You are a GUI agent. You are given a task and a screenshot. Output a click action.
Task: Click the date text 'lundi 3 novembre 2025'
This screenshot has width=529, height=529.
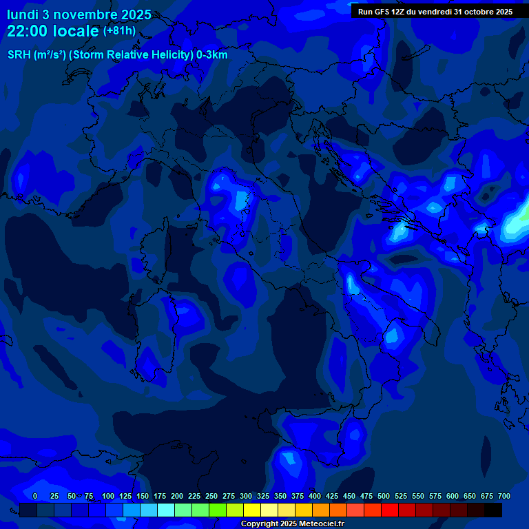tap(79, 14)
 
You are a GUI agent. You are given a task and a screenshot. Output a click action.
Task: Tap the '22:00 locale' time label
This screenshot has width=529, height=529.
tap(53, 31)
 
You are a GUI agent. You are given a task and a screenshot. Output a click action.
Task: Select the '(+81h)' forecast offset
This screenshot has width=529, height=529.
tap(119, 31)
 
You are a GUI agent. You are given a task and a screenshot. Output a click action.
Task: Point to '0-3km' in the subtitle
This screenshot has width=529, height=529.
tap(211, 55)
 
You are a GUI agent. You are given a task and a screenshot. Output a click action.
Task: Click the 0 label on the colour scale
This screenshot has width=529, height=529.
tap(35, 496)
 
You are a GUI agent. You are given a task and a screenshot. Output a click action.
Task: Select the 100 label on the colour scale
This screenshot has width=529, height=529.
tap(108, 496)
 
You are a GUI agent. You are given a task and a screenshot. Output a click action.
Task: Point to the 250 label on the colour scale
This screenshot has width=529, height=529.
tap(211, 496)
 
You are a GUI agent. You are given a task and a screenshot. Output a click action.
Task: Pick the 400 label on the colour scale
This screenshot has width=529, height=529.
tap(315, 496)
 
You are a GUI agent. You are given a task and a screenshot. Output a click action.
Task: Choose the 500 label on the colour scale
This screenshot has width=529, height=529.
tap(384, 496)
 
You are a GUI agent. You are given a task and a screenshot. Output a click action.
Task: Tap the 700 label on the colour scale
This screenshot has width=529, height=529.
tap(504, 496)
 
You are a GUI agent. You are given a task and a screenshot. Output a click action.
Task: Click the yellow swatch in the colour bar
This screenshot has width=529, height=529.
tap(252, 510)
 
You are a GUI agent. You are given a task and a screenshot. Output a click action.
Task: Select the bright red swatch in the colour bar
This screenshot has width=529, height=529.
tap(390, 510)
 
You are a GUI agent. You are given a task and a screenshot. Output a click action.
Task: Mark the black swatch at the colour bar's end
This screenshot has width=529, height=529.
tap(493, 510)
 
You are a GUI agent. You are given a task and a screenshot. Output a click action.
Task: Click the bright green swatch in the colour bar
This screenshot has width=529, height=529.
tap(218, 510)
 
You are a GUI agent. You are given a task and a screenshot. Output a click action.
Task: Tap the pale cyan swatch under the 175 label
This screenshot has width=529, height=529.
tap(166, 510)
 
